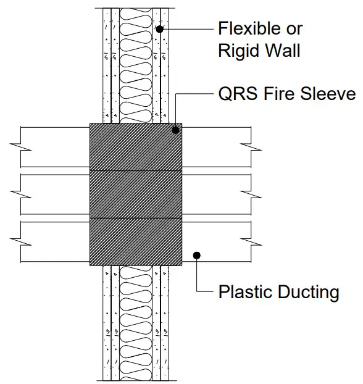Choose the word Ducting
[x=307, y=291]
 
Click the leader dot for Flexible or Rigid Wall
[x=160, y=29]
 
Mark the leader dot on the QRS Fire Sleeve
[x=176, y=130]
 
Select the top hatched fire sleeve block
[x=136, y=147]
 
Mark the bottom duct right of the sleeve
[x=216, y=241]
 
